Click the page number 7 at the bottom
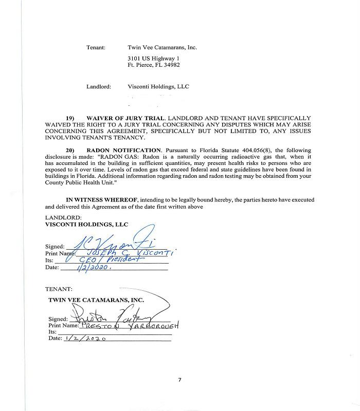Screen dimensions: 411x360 179,380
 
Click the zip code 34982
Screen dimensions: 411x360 172,65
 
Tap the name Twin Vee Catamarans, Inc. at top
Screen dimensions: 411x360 162,47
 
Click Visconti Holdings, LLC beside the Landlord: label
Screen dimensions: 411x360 158,87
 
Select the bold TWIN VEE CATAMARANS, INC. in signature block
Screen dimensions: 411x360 96,300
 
